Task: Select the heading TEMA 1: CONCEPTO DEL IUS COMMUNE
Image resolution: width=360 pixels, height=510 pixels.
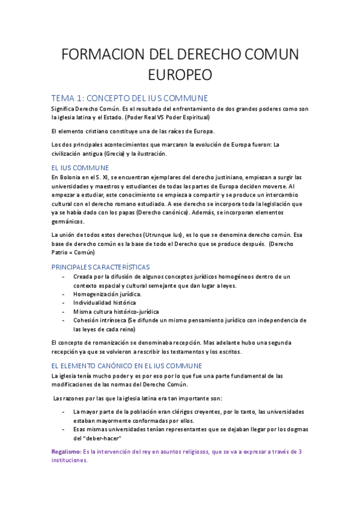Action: (129, 97)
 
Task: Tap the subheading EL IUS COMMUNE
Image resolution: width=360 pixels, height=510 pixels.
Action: (80, 167)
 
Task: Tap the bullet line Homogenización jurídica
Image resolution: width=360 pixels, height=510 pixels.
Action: (107, 294)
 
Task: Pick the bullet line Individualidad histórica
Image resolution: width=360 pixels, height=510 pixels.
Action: (104, 303)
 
